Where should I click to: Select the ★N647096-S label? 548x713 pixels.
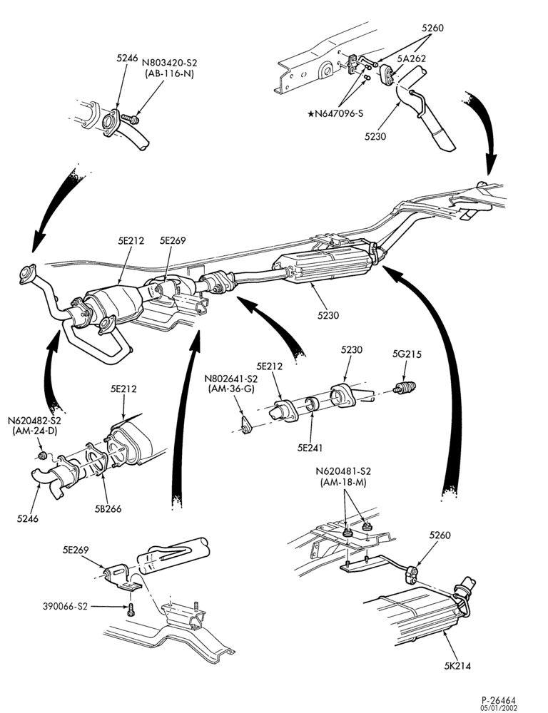335,113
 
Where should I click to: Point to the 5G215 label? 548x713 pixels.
407,354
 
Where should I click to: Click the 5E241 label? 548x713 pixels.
310,448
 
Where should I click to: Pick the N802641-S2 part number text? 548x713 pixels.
230,379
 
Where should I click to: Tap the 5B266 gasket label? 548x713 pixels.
108,509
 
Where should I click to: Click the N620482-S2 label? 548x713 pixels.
34,420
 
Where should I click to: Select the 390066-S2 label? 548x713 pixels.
65,606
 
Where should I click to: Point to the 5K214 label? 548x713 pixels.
457,667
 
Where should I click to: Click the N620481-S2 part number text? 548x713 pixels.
342,471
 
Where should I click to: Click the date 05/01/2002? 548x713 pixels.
499,708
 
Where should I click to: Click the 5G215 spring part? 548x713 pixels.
405,388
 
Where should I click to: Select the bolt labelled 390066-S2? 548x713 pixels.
131,610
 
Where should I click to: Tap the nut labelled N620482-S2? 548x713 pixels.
42,455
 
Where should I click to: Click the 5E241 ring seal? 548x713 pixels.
311,404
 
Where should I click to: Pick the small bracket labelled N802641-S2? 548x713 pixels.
246,426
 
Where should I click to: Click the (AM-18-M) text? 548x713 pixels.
342,482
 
